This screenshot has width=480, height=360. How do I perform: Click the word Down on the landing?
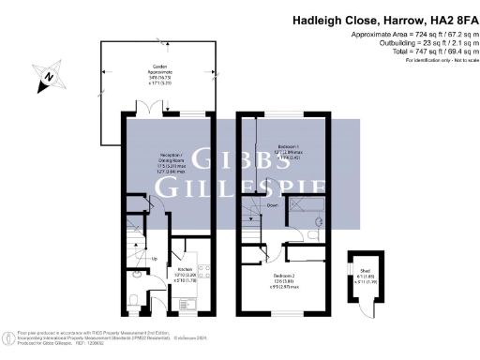pyautogui.click(x=271, y=204)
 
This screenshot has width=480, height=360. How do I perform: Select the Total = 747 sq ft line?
pyautogui.click(x=423, y=52)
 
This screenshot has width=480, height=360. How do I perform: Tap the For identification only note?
pyautogui.click(x=438, y=62)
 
